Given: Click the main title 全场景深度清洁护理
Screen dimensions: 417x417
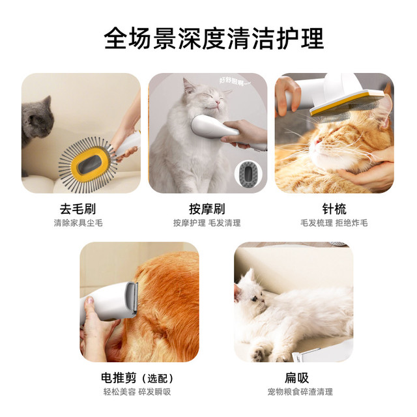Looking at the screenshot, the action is point(214,38).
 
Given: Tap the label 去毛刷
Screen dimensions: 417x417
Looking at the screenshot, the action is point(78,208).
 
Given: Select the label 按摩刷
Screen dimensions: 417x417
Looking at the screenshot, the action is point(207,208).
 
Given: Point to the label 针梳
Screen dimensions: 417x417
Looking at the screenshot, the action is point(334,208).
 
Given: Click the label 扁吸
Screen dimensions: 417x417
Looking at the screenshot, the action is point(296,378).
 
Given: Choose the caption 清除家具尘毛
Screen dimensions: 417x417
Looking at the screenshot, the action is point(78,223).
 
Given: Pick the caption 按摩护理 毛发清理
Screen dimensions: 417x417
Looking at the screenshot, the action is point(207,223).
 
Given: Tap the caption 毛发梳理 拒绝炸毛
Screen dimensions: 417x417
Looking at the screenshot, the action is point(334,223).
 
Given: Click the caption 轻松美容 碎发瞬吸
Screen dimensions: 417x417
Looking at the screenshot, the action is point(137,392).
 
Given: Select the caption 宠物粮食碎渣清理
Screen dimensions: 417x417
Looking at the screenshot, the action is point(300,392).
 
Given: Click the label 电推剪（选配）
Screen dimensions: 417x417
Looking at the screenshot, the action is point(137,378).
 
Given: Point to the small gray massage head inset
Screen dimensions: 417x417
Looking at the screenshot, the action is point(248,174).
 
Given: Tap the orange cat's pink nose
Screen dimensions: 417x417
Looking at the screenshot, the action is point(317,141).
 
